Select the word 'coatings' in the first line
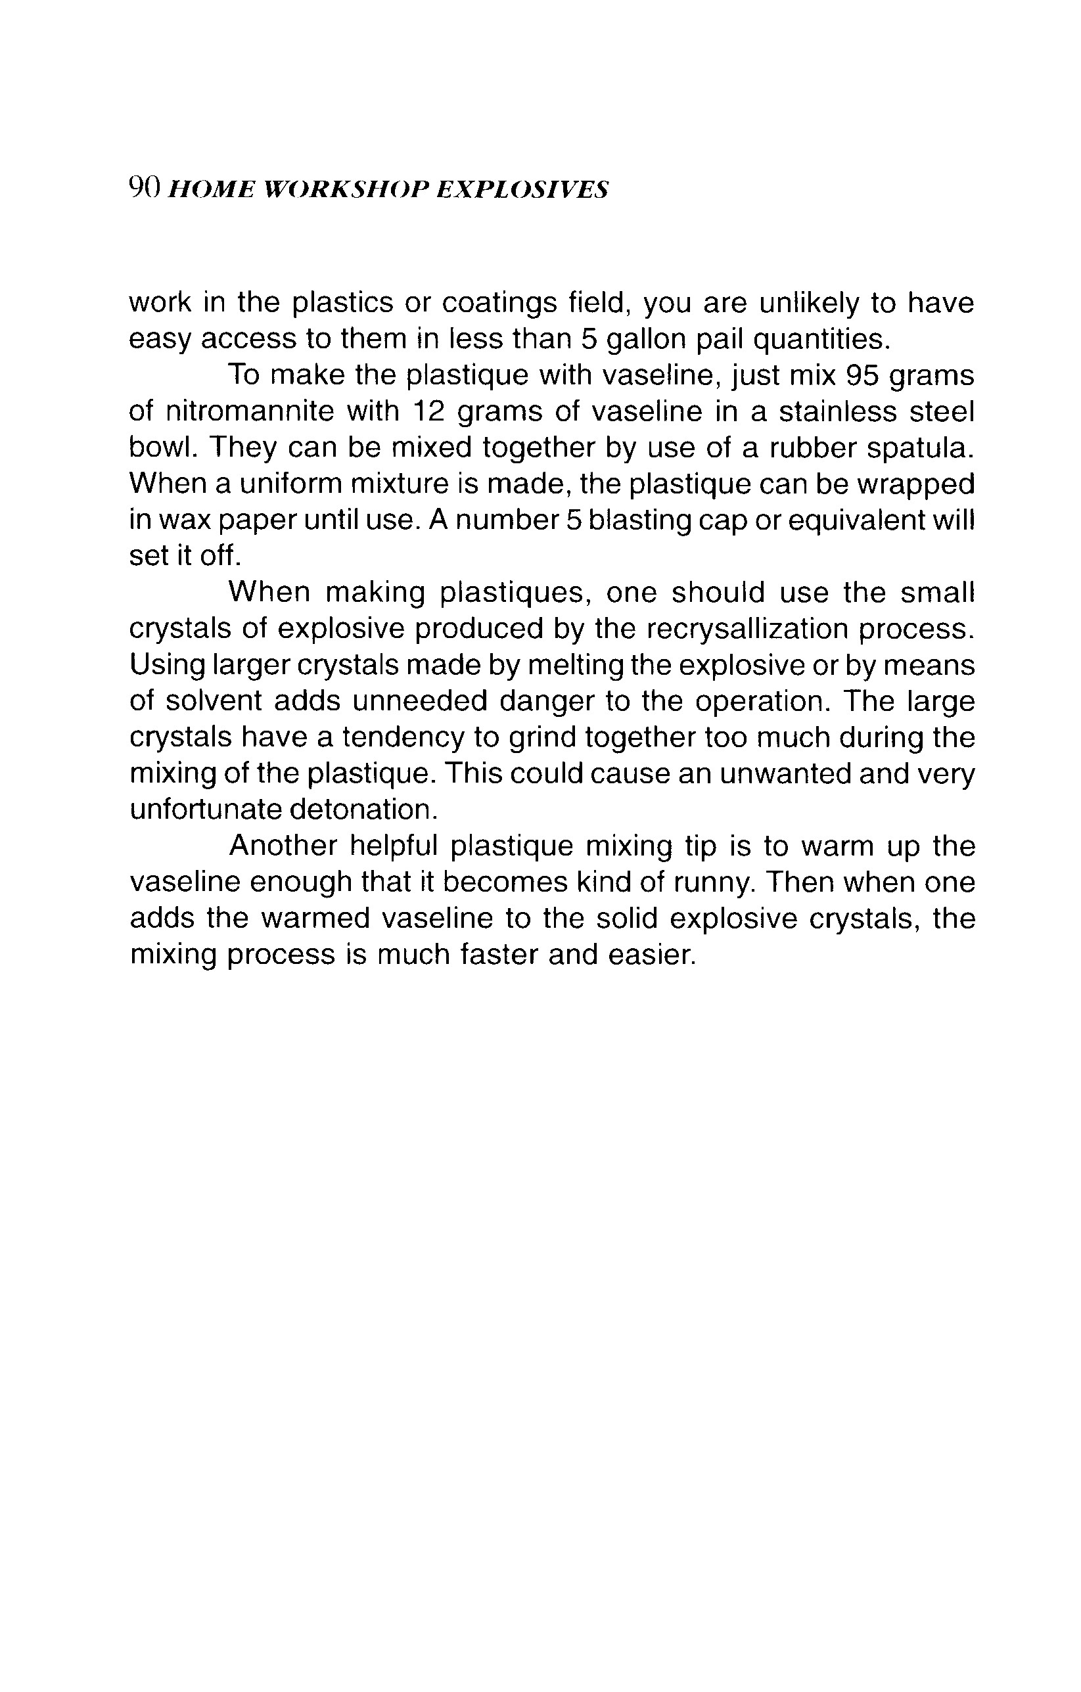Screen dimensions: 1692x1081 (x=499, y=304)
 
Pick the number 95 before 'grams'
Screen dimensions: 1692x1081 (x=864, y=375)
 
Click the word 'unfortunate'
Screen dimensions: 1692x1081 (x=204, y=810)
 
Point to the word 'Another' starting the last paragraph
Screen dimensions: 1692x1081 (x=283, y=846)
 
